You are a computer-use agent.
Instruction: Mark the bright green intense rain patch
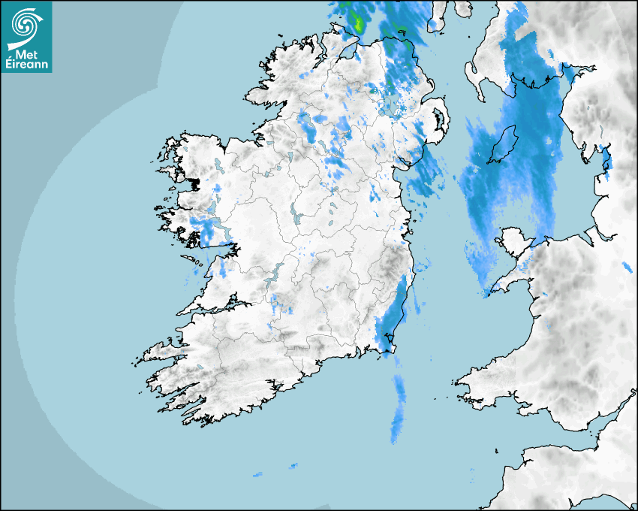358,23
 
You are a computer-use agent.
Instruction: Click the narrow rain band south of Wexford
397,410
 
